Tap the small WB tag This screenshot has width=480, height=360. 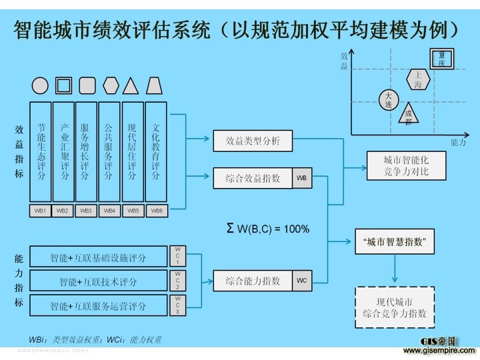[302, 179]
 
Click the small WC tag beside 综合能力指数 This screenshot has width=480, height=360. [302, 281]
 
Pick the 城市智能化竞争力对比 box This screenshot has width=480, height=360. [406, 166]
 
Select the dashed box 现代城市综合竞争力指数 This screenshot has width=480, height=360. [395, 307]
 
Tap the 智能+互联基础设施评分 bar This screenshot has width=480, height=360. [99, 257]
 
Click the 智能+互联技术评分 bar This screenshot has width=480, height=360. [99, 281]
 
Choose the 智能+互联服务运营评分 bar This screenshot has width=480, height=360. [99, 306]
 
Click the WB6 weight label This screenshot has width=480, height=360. [156, 211]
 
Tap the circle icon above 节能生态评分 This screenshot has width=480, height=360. [40, 85]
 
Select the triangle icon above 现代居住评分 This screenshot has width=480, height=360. [132, 85]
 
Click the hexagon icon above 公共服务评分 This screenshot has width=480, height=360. [111, 85]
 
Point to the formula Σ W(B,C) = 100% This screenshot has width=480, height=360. [269, 229]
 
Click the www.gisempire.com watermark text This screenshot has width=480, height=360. [439, 350]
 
